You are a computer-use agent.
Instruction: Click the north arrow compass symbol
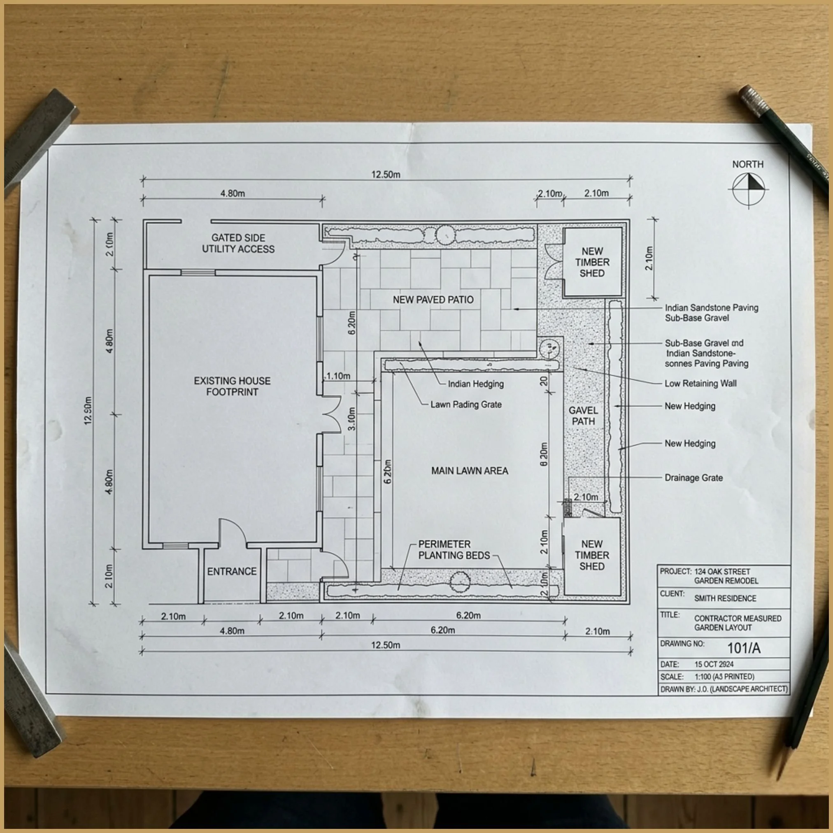pos(749,189)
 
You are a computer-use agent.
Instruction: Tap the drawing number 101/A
pos(744,648)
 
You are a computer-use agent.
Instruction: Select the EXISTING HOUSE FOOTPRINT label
pos(232,386)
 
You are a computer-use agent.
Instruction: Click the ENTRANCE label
pos(232,571)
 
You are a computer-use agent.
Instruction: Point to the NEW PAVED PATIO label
pos(433,300)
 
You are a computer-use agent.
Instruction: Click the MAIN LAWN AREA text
pos(470,471)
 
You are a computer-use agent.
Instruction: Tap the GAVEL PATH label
pos(583,416)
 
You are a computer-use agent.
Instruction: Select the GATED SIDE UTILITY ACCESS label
pos(238,243)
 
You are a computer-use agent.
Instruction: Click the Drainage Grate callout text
pos(693,478)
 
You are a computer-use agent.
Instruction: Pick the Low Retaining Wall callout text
pos(700,383)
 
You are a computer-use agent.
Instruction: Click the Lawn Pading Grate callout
pos(465,405)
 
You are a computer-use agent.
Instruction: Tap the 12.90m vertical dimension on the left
pos(88,410)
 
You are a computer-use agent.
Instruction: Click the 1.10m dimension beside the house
pos(338,376)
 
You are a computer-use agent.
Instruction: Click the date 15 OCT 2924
pos(714,664)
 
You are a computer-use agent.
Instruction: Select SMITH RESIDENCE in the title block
pos(725,598)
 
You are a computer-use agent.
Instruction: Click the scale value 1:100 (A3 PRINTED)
pos(724,677)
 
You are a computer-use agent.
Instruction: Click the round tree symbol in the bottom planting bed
pos(460,582)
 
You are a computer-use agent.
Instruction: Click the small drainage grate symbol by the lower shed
pos(568,507)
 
